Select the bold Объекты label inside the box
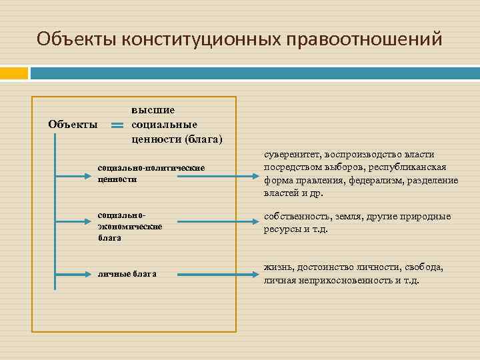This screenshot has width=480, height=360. point(73,124)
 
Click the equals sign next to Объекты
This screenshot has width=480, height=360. point(117,125)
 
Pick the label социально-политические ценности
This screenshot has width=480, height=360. point(151,173)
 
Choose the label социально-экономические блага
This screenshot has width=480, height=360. point(130,226)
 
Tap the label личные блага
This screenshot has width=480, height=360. point(127,273)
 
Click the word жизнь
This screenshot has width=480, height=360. point(278,267)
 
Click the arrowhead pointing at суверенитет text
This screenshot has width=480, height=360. point(254,177)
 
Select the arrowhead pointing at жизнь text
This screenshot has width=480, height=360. point(254,273)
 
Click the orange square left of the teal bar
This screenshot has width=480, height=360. point(14,73)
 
